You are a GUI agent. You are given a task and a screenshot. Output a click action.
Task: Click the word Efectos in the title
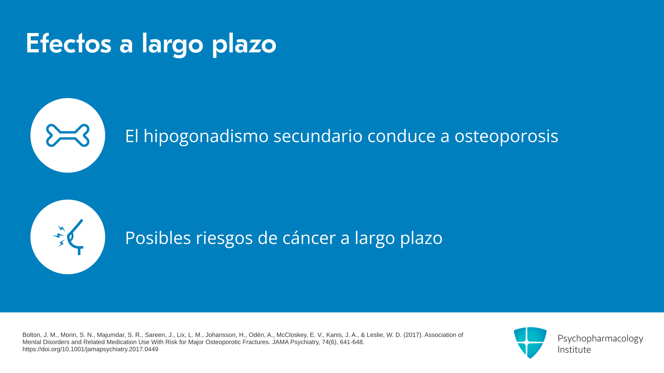click(x=68, y=44)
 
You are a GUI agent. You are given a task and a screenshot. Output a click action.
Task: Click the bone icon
click(x=68, y=135)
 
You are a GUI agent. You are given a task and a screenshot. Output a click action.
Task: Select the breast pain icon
click(x=68, y=237)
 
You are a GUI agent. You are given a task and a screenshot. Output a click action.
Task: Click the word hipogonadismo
click(x=206, y=136)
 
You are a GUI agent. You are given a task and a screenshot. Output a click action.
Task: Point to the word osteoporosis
click(x=506, y=136)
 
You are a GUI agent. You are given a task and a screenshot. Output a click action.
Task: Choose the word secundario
click(x=318, y=136)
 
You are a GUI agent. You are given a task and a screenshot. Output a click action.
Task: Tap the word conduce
click(x=401, y=136)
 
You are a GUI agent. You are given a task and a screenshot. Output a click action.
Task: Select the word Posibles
click(x=158, y=238)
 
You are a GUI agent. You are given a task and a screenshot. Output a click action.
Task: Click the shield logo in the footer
click(x=530, y=343)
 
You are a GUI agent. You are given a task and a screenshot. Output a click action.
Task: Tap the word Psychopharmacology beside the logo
click(x=600, y=339)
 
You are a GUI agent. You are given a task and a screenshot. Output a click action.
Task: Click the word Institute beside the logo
click(x=574, y=350)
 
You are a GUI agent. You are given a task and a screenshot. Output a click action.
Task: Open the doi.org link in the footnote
click(x=90, y=349)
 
